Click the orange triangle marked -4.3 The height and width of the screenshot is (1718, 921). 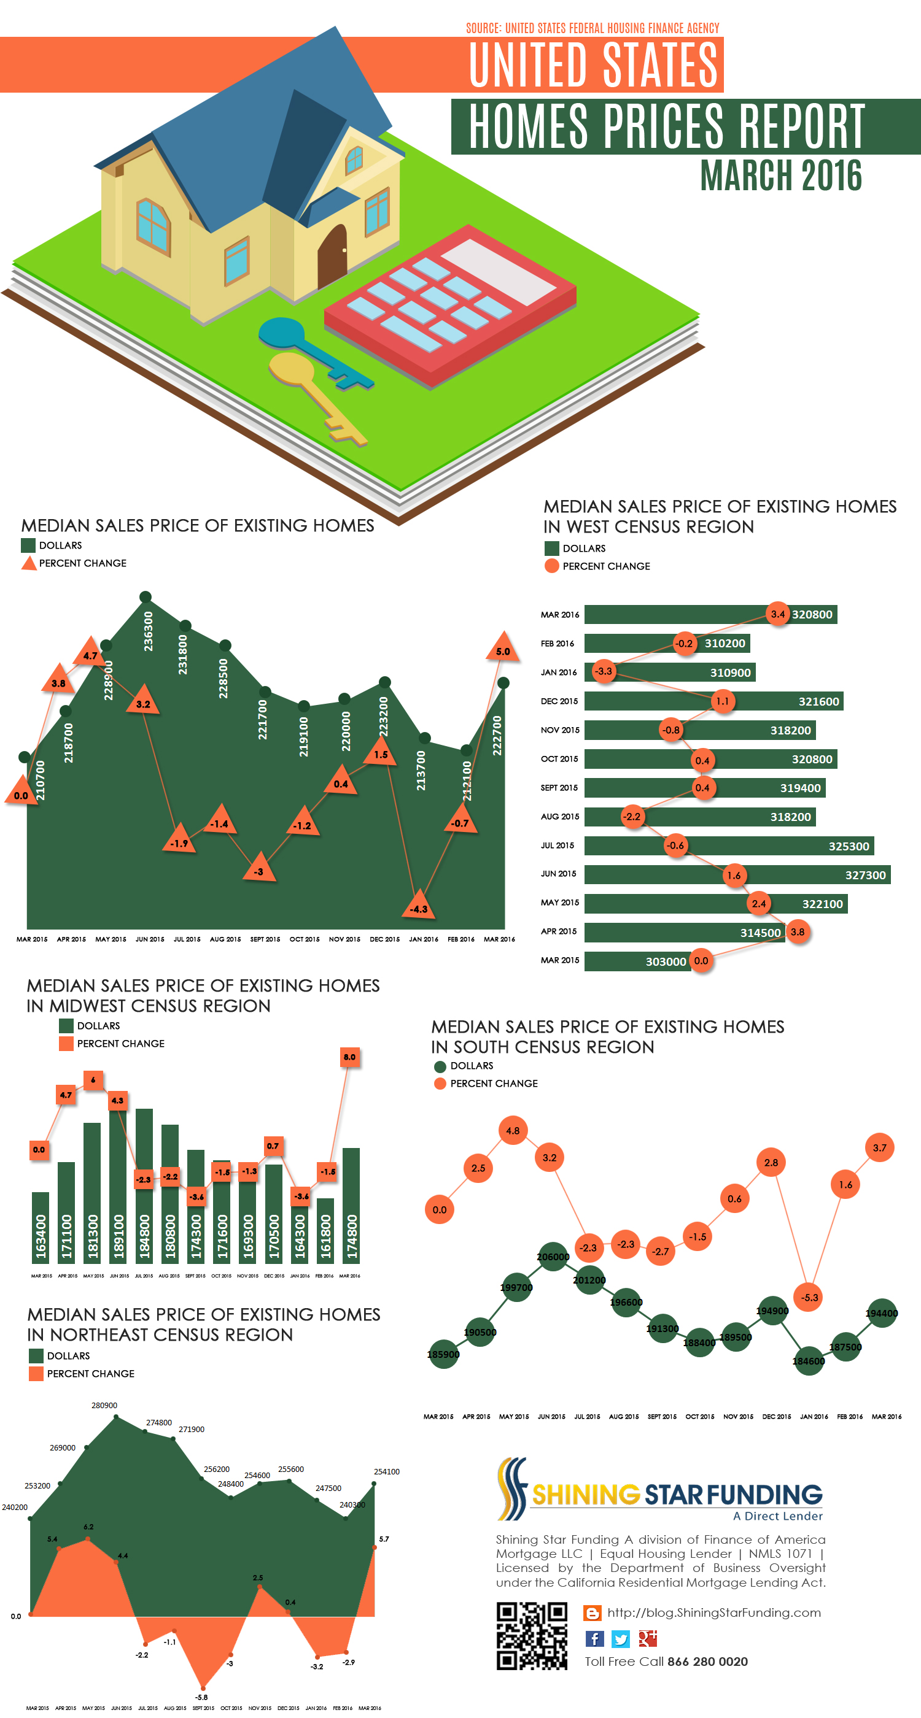point(419,906)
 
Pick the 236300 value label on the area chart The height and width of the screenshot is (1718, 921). point(148,631)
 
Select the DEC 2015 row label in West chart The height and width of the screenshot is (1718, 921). point(559,701)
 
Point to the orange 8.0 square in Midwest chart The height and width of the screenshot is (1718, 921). point(350,1057)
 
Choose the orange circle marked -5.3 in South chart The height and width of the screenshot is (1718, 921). point(809,1297)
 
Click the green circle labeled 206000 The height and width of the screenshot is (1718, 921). point(553,1257)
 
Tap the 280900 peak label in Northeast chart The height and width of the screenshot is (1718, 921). point(104,1405)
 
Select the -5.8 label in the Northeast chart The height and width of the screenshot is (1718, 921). point(201,1697)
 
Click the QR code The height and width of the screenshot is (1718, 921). point(531,1636)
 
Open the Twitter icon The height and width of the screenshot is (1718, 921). point(621,1639)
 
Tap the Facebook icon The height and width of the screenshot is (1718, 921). point(594,1639)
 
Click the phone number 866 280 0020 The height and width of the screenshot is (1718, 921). point(707,1662)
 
